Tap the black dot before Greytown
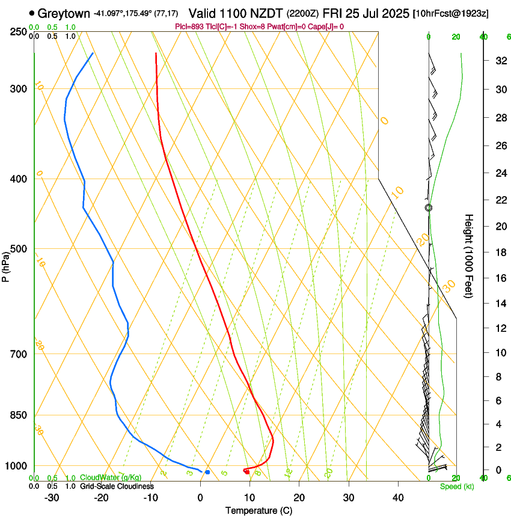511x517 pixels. pos(32,13)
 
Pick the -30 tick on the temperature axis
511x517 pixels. pos(51,498)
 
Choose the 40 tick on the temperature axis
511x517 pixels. pos(398,498)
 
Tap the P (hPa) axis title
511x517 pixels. pos(6,265)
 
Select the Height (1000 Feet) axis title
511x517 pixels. pos(470,255)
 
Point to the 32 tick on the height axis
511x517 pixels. pos(500,61)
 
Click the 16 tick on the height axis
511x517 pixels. pos(500,278)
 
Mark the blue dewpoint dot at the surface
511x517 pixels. pos(207,472)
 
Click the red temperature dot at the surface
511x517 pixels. pos(247,471)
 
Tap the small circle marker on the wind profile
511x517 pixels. pos(429,207)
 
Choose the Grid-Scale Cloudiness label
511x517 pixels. pos(117,486)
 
